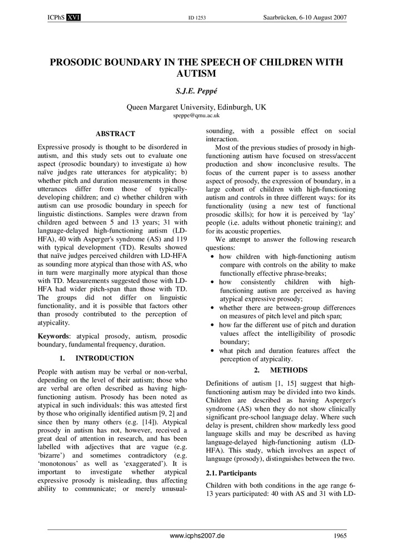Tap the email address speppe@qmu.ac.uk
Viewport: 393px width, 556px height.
pyautogui.click(x=196, y=116)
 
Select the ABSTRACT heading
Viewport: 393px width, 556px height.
pyautogui.click(x=115, y=134)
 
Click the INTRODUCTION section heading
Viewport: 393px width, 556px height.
pyautogui.click(x=105, y=359)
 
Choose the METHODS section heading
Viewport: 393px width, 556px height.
pyautogui.click(x=288, y=370)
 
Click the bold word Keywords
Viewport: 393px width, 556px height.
pyautogui.click(x=53, y=336)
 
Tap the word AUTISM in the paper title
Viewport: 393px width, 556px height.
pyautogui.click(x=196, y=73)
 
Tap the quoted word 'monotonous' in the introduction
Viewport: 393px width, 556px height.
pyautogui.click(x=58, y=456)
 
